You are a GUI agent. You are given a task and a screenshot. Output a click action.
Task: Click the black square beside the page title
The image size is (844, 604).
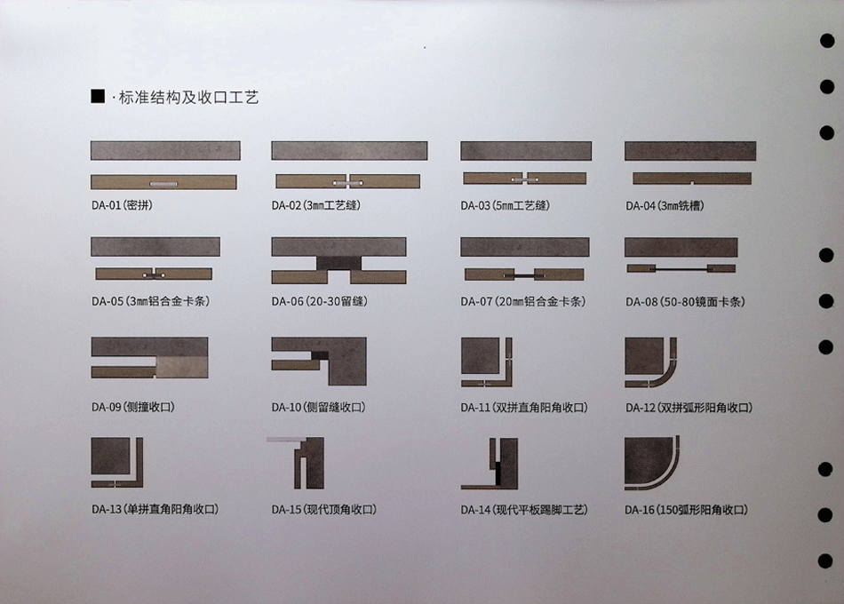(98, 96)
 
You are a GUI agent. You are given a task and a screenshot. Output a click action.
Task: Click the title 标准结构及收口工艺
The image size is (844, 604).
(189, 98)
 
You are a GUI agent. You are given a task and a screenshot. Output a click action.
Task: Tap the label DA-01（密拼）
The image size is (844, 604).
(123, 205)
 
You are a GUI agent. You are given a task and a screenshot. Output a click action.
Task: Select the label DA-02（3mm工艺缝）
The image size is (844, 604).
(316, 205)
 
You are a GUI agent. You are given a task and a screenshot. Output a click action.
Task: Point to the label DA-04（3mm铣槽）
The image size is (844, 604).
(665, 206)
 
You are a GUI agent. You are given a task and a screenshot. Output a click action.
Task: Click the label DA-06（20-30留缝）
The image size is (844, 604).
(320, 301)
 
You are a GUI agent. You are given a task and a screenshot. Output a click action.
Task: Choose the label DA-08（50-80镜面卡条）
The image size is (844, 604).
(685, 302)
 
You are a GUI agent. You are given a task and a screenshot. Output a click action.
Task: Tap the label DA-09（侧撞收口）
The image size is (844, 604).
(133, 407)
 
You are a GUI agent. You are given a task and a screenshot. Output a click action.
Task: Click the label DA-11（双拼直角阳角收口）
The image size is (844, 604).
(524, 408)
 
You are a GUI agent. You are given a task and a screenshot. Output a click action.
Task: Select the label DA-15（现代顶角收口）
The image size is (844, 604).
(324, 509)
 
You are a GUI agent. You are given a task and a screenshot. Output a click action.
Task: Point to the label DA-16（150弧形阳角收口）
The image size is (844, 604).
(686, 510)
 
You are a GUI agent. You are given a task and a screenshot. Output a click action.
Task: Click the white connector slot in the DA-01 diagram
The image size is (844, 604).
(163, 184)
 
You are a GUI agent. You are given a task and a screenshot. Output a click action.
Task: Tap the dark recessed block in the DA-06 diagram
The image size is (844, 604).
(338, 263)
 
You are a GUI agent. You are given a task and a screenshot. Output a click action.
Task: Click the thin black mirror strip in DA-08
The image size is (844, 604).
(681, 268)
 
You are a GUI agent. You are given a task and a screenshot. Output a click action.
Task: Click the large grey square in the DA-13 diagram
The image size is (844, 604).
(111, 456)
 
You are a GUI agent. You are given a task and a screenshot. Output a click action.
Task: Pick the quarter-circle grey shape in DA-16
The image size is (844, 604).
(646, 458)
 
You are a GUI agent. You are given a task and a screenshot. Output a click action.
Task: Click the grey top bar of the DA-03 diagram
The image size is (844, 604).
(526, 151)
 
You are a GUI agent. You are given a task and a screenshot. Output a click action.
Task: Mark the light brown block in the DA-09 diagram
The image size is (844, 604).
(182, 367)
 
